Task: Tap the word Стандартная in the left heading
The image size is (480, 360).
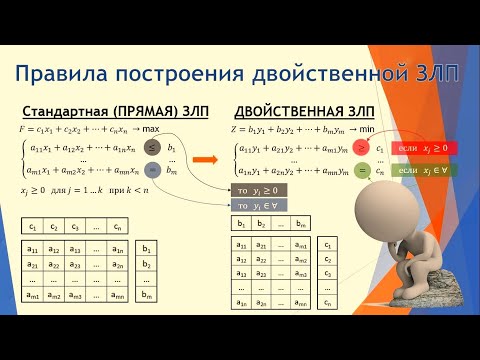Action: pos(62,113)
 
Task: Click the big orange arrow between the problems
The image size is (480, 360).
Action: pos(206,158)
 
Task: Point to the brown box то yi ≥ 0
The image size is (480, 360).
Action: pos(259,189)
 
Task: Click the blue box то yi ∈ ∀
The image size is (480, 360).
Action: pos(259,205)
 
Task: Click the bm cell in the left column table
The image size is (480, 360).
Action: pos(148,295)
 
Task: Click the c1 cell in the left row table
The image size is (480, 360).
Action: pos(33,226)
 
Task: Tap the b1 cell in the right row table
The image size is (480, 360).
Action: pos(242,223)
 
